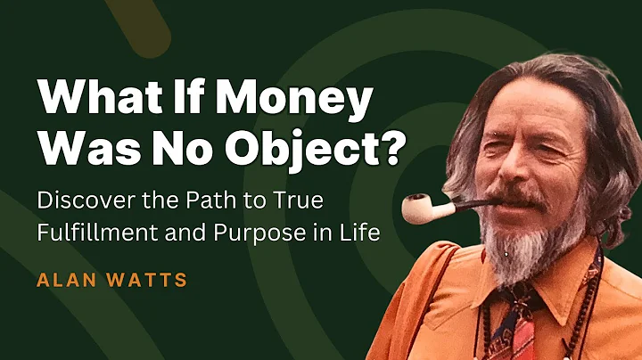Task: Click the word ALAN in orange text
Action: click(64, 281)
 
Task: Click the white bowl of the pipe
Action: click(419, 209)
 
